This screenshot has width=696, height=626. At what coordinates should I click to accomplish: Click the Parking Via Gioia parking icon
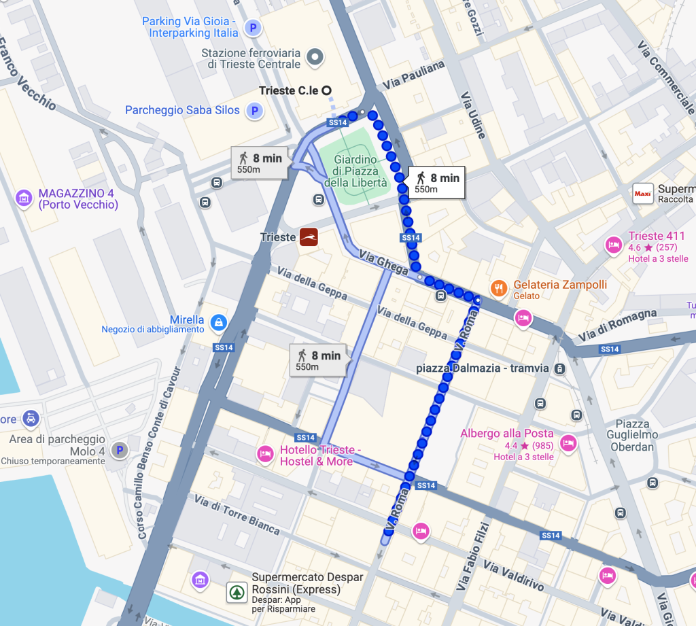pos(253,28)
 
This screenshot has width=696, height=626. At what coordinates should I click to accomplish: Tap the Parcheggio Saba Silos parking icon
pos(255,110)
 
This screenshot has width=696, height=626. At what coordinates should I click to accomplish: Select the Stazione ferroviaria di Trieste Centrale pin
pos(314,58)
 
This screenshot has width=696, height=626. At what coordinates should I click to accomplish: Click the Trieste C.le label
pos(288,90)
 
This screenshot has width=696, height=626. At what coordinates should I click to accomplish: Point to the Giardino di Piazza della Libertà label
pos(360,171)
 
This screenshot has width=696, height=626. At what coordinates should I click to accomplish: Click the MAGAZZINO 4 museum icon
pos(24,198)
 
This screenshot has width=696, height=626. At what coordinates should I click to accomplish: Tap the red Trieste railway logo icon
pos(308,237)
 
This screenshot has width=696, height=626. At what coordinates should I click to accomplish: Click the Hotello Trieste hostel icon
pos(264,453)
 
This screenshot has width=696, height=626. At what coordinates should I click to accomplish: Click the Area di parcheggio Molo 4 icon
pos(120,450)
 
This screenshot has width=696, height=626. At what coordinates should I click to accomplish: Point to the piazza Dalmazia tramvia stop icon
pos(559,368)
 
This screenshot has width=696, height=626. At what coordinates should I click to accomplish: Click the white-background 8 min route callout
pos(436,182)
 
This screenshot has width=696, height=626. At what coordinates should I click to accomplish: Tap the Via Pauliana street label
pos(413,75)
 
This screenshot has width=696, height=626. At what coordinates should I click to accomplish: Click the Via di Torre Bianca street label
pos(237,515)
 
